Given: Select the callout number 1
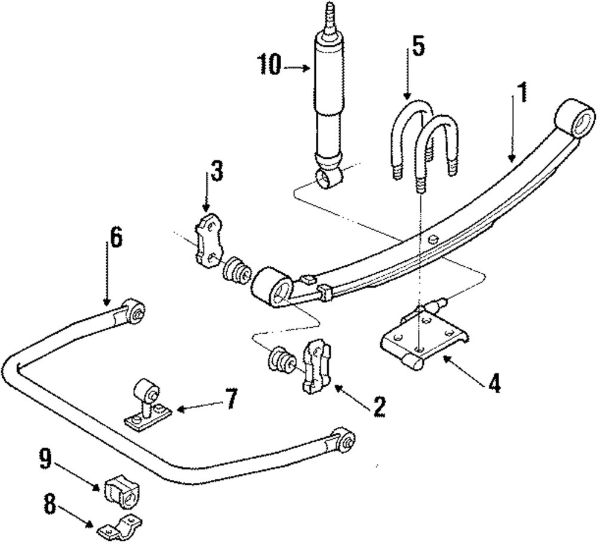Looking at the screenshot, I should [x=521, y=94].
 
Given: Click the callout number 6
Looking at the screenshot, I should [x=115, y=238].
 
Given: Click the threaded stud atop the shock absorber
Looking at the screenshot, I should [x=330, y=18].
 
